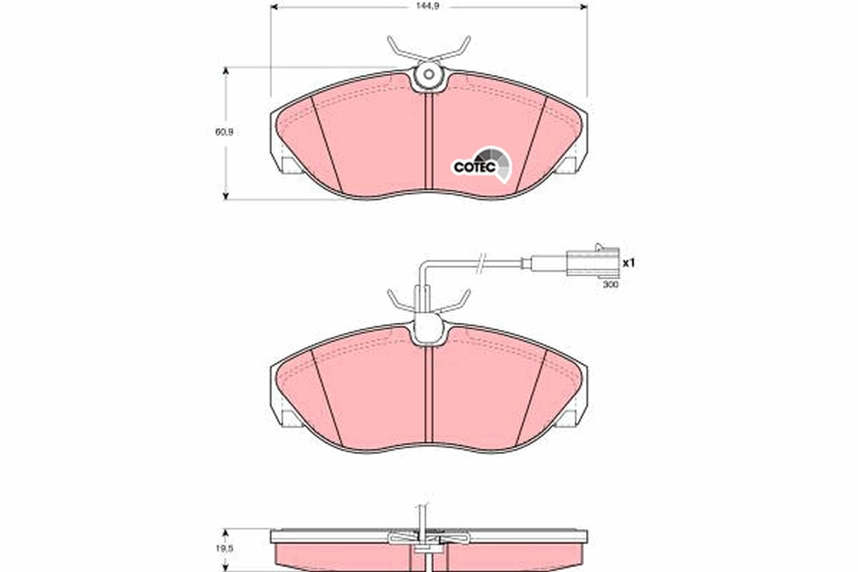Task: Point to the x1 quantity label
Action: point(628,263)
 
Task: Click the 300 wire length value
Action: point(610,284)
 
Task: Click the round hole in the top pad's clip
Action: point(428,74)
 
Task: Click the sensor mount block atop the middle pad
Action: point(428,329)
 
